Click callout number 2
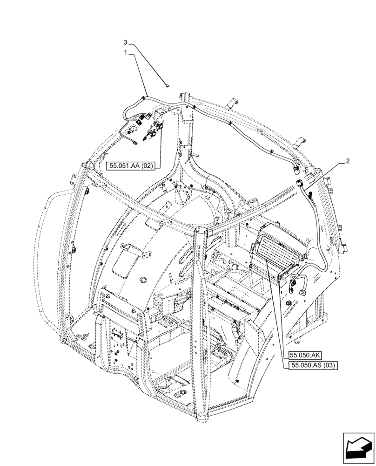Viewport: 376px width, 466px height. click(347, 161)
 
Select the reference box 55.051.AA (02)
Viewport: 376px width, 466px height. click(134, 165)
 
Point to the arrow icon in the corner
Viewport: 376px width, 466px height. click(358, 448)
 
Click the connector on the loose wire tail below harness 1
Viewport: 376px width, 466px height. click(134, 143)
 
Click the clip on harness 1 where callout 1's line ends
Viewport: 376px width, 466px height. click(144, 97)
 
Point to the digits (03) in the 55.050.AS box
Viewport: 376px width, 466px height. click(330, 366)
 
